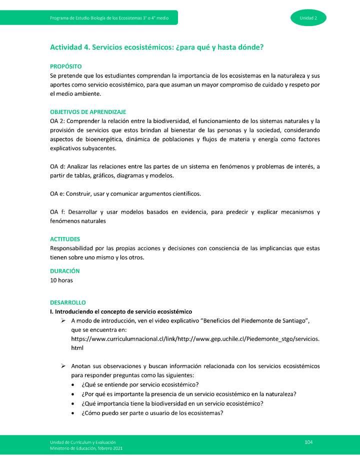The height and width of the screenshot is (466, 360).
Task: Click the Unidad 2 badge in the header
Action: [x=308, y=18]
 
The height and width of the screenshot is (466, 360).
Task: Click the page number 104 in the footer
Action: [x=308, y=442]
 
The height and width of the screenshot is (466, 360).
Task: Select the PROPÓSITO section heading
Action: [x=65, y=66]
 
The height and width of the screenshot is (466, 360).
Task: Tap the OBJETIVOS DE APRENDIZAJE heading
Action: [x=87, y=112]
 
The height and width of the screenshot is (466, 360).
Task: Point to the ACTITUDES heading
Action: [x=64, y=239]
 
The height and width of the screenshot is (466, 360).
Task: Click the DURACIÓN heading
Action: [x=64, y=271]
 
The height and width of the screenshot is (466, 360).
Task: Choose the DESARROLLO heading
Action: [x=67, y=302]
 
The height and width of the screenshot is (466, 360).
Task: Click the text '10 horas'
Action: [x=61, y=280]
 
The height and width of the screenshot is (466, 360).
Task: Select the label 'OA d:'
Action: [x=58, y=166]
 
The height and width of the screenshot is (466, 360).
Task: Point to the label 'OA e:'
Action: [x=58, y=193]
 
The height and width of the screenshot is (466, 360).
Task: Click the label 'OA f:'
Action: [x=57, y=212]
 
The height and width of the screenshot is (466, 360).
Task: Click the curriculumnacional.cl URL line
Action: [x=195, y=339]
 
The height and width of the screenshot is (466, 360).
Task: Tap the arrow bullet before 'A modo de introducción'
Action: [x=63, y=320]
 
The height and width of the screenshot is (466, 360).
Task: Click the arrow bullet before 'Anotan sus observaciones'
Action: [x=63, y=366]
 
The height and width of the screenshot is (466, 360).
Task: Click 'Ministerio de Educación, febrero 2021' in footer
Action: [x=86, y=448]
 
